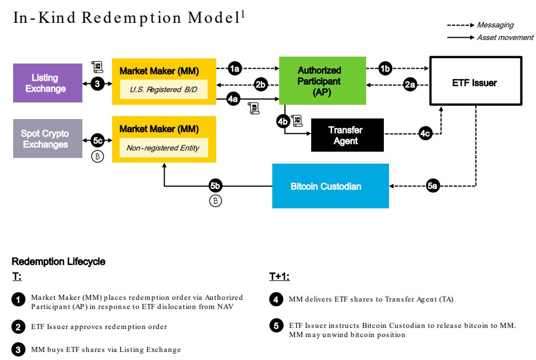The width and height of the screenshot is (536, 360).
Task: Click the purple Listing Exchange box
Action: click(48, 83)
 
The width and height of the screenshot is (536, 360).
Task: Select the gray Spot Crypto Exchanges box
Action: click(45, 139)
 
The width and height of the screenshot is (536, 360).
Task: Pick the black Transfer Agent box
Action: click(346, 135)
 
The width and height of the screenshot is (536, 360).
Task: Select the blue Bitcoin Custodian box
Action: click(330, 186)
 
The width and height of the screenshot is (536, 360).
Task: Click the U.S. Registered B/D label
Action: click(164, 89)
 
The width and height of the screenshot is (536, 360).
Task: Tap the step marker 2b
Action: click(261, 85)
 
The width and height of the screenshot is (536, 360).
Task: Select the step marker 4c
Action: click(424, 134)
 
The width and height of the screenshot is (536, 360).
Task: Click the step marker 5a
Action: click(433, 186)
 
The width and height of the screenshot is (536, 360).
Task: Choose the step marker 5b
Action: click(216, 186)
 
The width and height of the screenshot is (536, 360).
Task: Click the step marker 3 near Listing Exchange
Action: click(97, 84)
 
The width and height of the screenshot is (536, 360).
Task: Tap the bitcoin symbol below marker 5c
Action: click(97, 157)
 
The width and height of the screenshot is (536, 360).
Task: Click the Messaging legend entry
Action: click(495, 25)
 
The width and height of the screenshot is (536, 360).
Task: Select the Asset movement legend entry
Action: click(505, 37)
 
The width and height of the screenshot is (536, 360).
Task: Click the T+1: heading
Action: click(279, 277)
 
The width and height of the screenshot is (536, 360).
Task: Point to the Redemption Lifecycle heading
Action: click(58, 262)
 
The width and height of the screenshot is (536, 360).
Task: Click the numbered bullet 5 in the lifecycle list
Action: click(276, 326)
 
